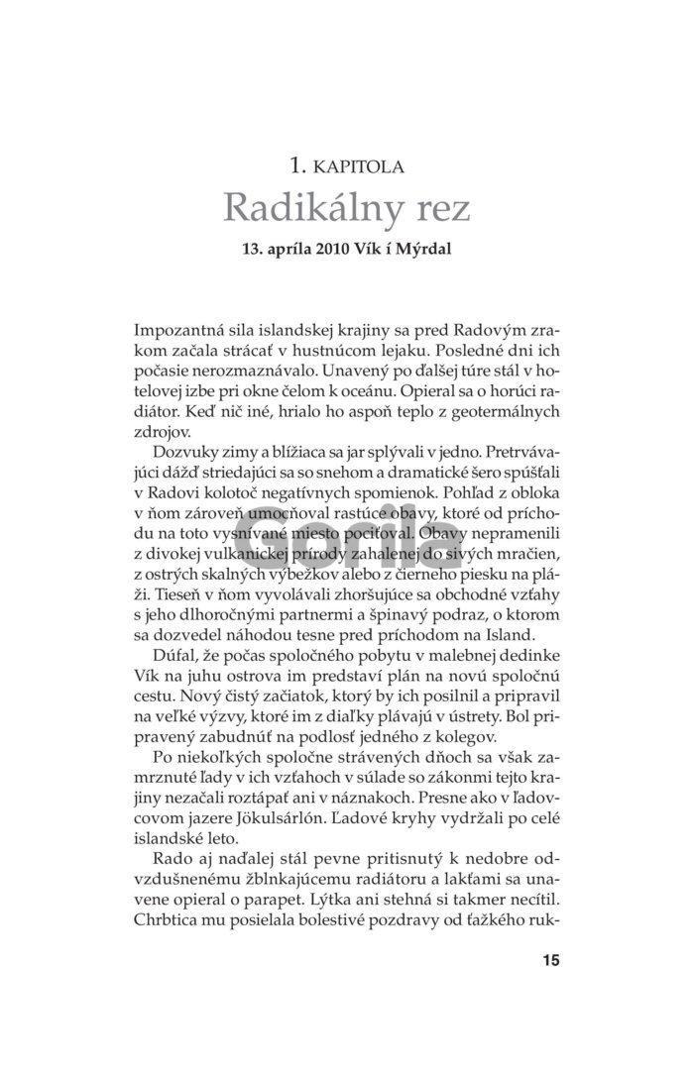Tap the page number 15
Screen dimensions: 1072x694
tap(551, 959)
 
